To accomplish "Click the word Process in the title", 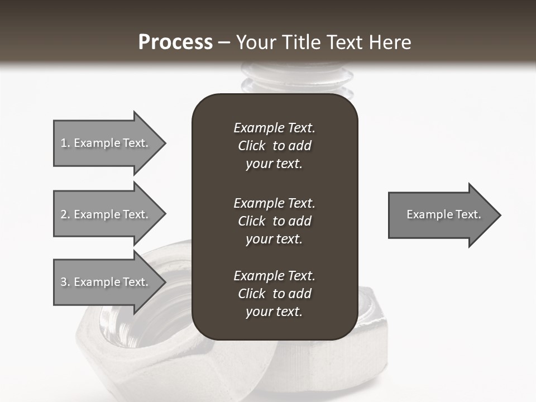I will [x=175, y=42].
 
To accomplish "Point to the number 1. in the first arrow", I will [x=65, y=143].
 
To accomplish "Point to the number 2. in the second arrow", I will [x=65, y=214].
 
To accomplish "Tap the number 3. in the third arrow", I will [x=65, y=282].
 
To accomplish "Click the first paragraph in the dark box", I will [x=274, y=146].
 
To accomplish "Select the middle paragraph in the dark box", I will [x=274, y=221].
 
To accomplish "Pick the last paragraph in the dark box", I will [x=274, y=294].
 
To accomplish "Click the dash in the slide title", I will [x=224, y=42].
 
